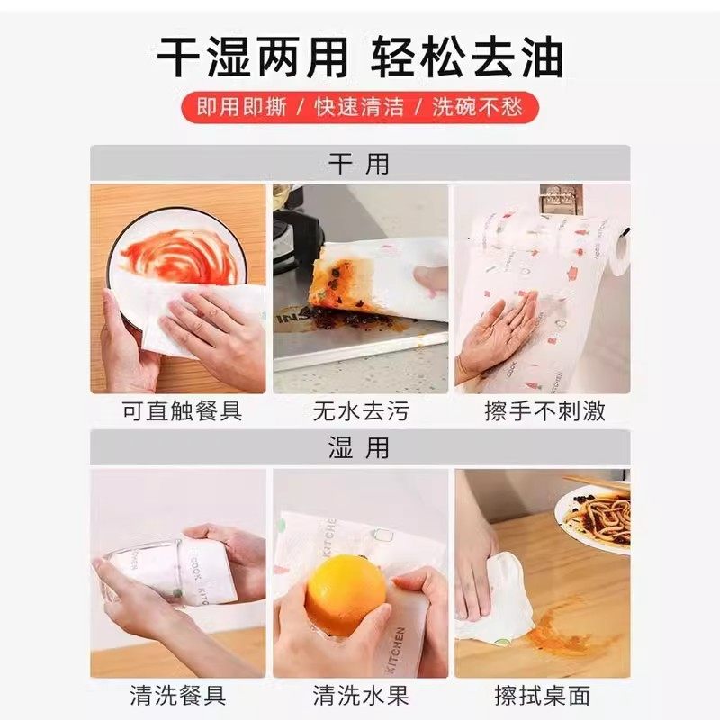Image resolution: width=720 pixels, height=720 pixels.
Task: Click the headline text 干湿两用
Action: coord(252,59)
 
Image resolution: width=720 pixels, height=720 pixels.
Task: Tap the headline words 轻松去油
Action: coord(467,59)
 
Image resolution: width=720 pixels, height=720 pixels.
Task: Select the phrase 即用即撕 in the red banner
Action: coord(242,107)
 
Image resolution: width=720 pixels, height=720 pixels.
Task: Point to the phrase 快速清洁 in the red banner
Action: coord(359,107)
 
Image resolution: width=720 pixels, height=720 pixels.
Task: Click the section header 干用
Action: coord(359,164)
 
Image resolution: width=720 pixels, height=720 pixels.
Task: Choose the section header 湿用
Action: coord(359,447)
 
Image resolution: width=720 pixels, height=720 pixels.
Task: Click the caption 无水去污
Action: coord(360,412)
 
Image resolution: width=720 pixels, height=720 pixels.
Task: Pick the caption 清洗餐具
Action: coord(177,695)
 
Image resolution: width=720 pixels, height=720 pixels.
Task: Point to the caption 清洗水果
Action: coord(360,695)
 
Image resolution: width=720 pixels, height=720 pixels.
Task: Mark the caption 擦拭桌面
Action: coord(542,695)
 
